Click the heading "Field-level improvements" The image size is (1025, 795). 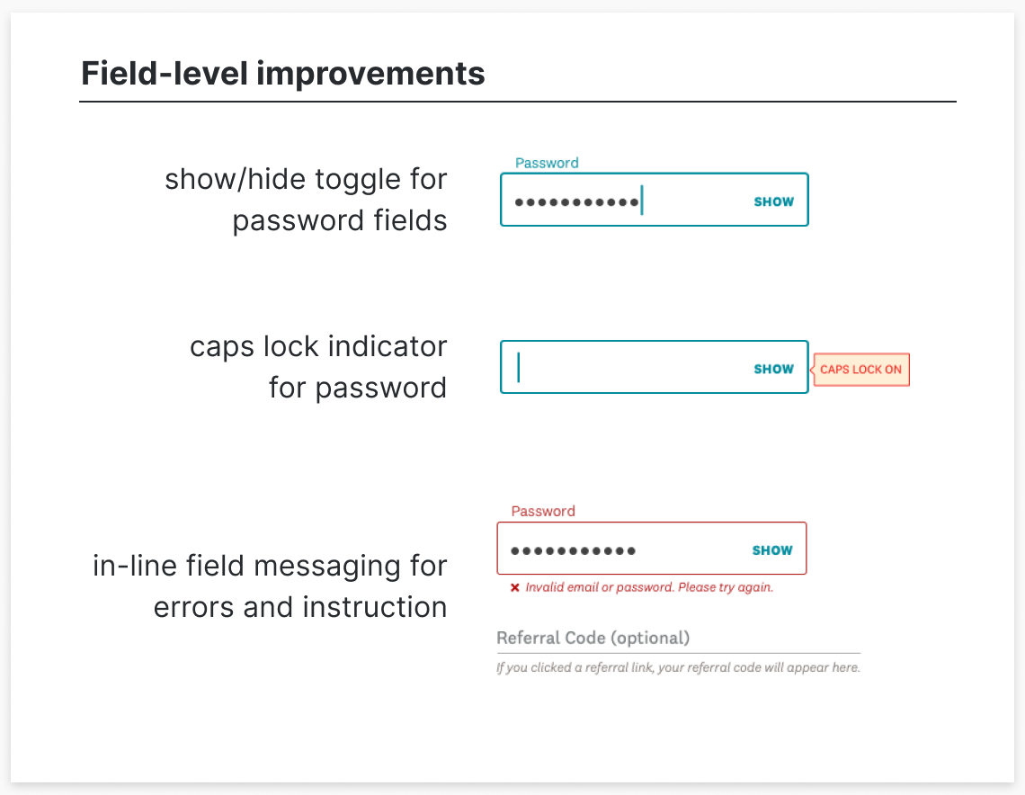[282, 73]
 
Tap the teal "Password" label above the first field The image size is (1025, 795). [547, 163]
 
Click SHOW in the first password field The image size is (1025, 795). [773, 201]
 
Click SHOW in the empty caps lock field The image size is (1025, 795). [773, 369]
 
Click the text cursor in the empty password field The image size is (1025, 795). [519, 368]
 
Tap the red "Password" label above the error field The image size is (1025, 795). [543, 511]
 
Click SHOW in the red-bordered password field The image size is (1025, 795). [772, 550]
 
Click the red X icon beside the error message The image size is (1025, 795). [515, 588]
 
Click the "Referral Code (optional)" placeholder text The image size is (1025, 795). [593, 638]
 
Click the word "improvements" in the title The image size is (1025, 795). [370, 73]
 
